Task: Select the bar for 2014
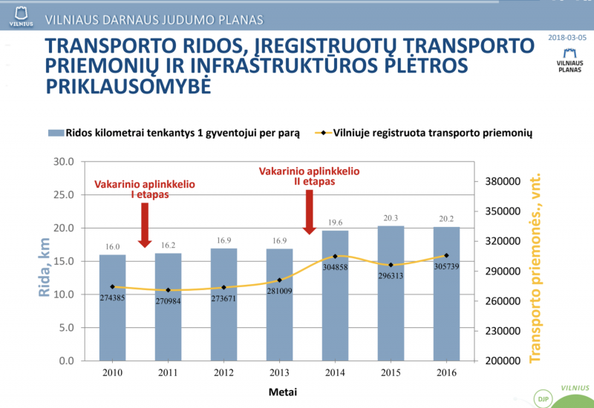point(335,297)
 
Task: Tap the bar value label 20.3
point(391,217)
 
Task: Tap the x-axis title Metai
point(278,391)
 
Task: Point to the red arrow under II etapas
point(310,212)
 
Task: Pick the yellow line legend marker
point(322,134)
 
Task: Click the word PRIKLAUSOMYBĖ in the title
point(128,87)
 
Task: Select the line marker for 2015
point(391,265)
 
